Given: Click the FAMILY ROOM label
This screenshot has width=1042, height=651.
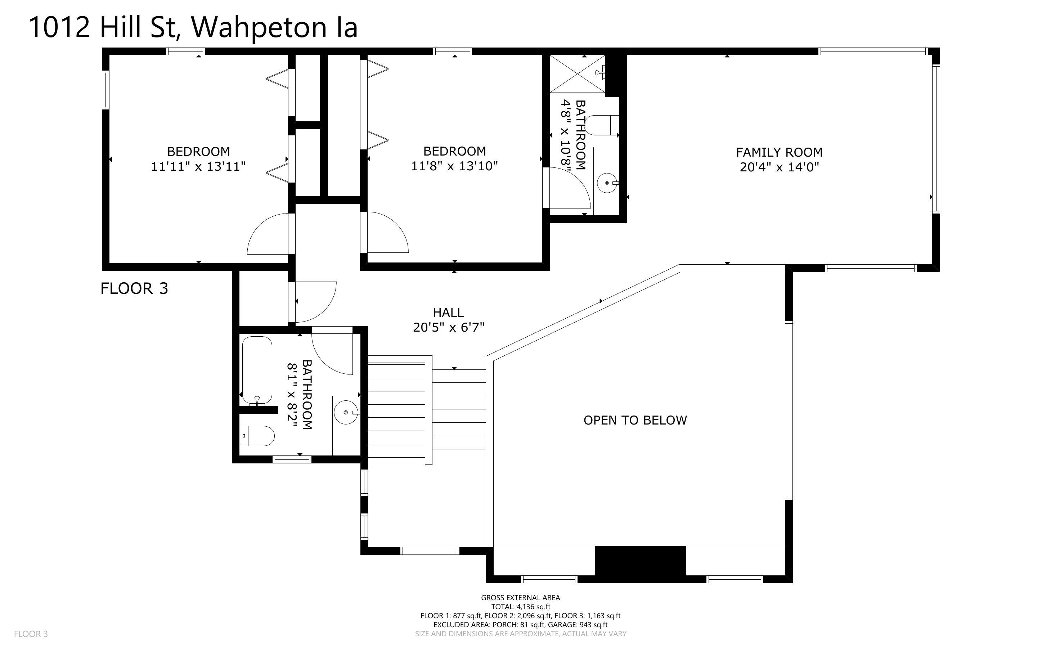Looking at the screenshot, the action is click(779, 152).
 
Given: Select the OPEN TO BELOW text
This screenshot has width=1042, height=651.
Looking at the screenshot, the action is click(635, 420).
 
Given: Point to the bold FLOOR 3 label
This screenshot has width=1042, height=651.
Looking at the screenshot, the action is click(134, 288).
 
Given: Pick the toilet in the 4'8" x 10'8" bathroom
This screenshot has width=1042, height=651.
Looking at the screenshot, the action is click(603, 125).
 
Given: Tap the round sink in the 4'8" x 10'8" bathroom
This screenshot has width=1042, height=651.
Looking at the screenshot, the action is click(607, 183).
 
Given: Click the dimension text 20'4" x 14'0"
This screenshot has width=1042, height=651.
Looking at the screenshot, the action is click(779, 167).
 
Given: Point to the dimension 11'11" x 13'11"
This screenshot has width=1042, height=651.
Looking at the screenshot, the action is click(198, 166).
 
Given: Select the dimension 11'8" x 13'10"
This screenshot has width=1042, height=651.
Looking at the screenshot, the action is click(454, 166).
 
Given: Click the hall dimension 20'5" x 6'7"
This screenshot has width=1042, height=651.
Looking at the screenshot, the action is click(449, 328).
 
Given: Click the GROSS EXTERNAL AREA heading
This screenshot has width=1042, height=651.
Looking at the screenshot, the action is click(520, 598).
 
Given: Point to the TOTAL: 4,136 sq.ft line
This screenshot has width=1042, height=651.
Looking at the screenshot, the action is click(520, 607).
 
